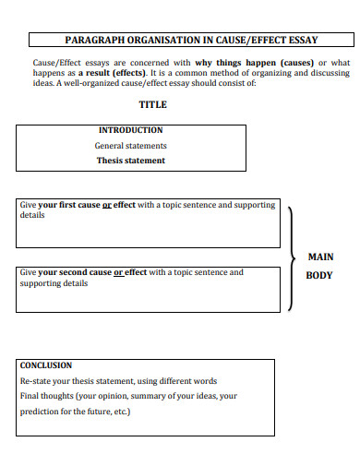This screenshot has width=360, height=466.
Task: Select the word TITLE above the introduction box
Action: point(152,104)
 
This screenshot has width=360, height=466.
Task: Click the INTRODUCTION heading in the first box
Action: point(130,130)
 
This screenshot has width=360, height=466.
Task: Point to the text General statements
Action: point(131,146)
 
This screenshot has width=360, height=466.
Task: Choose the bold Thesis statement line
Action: point(131,161)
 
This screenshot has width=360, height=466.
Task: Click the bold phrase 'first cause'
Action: point(76,205)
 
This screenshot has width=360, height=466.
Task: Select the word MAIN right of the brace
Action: point(320,257)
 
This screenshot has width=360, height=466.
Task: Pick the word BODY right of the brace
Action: point(319,275)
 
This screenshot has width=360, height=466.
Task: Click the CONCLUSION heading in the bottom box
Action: point(46,365)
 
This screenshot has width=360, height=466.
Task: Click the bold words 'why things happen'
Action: point(234,62)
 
